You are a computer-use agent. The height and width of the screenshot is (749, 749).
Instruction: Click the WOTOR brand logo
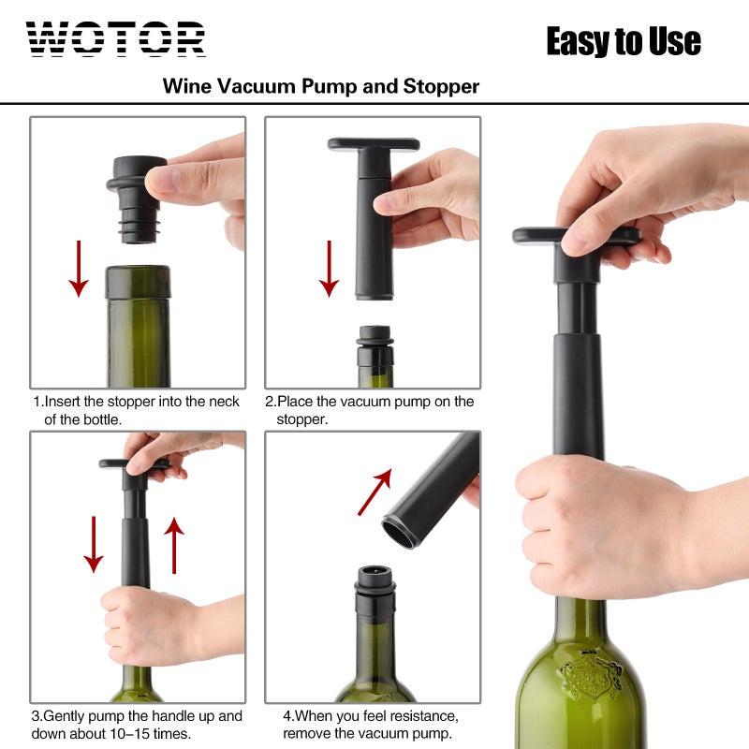116,39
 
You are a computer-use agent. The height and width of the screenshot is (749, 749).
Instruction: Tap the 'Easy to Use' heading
623,41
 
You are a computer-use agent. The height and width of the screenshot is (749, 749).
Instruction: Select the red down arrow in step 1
80,269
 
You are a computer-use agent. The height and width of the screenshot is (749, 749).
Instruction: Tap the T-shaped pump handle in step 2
373,145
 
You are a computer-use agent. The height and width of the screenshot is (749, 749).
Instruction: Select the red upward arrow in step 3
174,545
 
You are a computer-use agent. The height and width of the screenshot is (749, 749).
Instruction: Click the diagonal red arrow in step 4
374,493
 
